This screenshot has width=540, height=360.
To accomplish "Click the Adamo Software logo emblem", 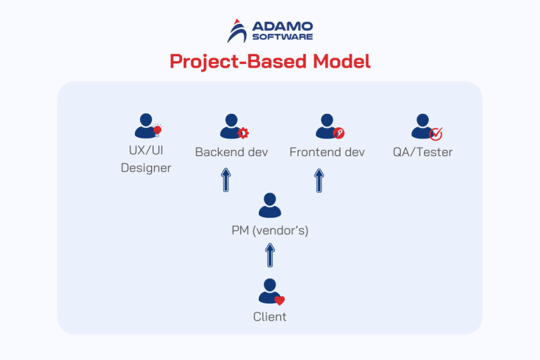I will (x=237, y=31).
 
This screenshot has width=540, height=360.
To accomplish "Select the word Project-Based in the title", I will (x=231, y=62).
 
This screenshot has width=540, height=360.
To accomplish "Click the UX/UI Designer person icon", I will (x=146, y=127).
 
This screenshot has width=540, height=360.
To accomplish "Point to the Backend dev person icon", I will (x=231, y=127).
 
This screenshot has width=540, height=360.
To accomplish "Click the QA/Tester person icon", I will (x=423, y=127).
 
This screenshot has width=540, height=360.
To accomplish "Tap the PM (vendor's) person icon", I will (x=269, y=205).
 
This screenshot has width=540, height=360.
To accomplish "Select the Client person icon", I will (x=269, y=291).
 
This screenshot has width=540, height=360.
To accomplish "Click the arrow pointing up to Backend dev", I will (x=225, y=180).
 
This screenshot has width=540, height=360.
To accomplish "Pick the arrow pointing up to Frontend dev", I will (x=319, y=180).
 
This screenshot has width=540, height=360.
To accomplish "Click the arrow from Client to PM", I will (x=269, y=255).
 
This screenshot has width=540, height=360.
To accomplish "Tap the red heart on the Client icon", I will (x=279, y=300).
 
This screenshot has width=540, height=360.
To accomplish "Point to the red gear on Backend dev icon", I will (x=243, y=133).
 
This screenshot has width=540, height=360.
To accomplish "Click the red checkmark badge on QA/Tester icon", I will (x=436, y=134).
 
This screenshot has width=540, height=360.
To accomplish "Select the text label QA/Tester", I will (x=423, y=152).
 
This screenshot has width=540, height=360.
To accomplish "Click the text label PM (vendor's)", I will (x=269, y=230).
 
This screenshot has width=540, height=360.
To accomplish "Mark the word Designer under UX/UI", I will (x=146, y=168).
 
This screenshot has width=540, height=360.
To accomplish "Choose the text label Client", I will (x=269, y=316).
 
